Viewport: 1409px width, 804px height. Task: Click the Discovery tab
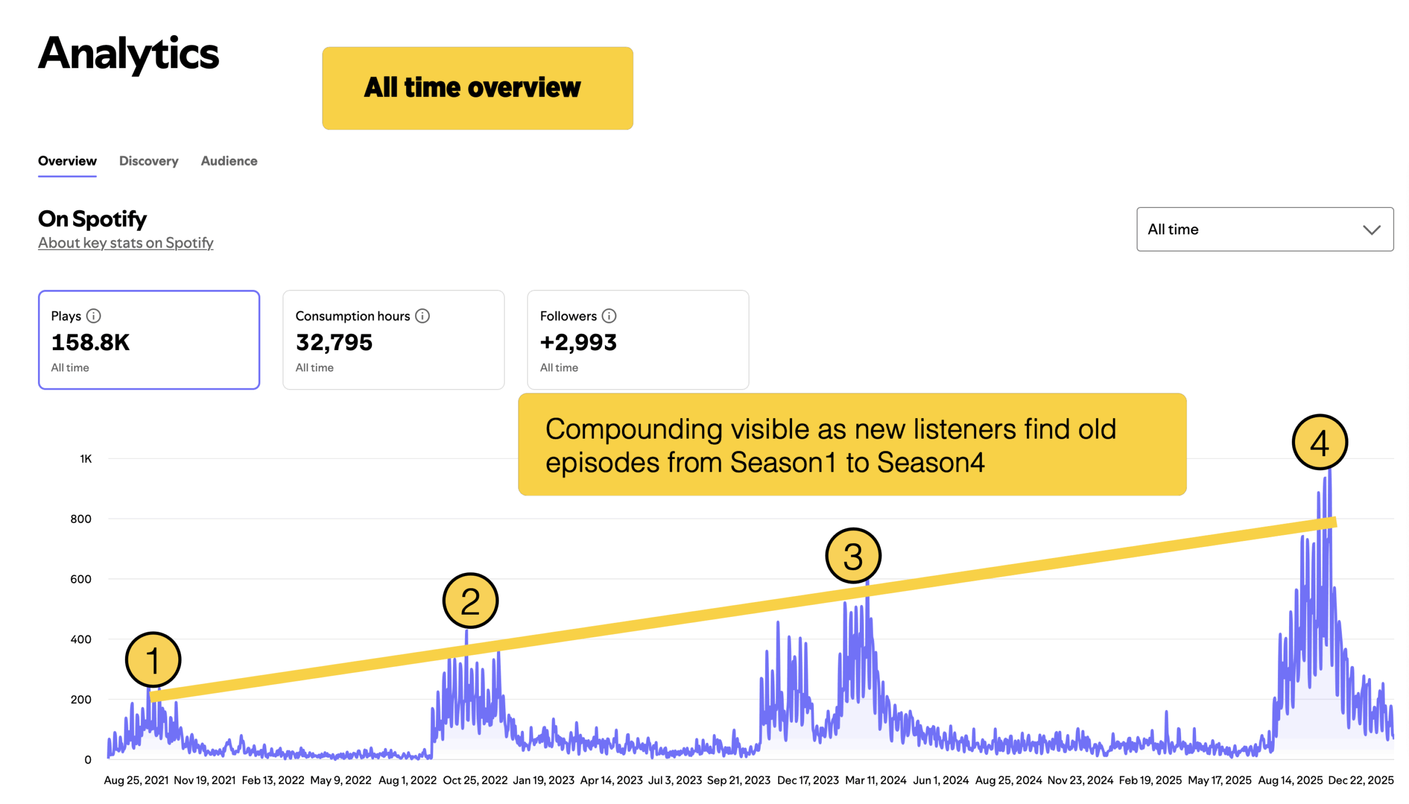click(149, 161)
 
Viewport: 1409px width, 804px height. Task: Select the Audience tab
click(228, 161)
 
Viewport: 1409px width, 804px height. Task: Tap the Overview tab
click(67, 161)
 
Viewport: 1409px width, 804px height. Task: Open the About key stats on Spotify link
click(125, 243)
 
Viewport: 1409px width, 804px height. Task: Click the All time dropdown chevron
click(1371, 229)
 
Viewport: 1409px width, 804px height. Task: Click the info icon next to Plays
click(94, 316)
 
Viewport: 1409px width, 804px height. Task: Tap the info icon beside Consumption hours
click(422, 316)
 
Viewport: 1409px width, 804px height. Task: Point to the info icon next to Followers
click(608, 316)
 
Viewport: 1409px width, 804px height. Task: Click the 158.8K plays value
click(91, 342)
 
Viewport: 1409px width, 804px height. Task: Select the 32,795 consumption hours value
click(334, 342)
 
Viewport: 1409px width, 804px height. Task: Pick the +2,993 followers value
click(578, 342)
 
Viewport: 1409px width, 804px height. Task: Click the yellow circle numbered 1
click(153, 660)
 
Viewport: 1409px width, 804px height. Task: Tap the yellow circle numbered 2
click(471, 601)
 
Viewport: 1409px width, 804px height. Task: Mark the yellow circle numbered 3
click(853, 555)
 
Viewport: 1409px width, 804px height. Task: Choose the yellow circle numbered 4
click(1319, 442)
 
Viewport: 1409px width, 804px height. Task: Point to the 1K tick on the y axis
click(85, 459)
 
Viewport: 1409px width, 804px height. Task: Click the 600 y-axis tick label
click(80, 579)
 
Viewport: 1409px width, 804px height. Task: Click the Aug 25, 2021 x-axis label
click(136, 780)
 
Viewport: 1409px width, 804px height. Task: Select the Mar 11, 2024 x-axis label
click(876, 780)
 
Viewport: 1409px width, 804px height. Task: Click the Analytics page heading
click(129, 54)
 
